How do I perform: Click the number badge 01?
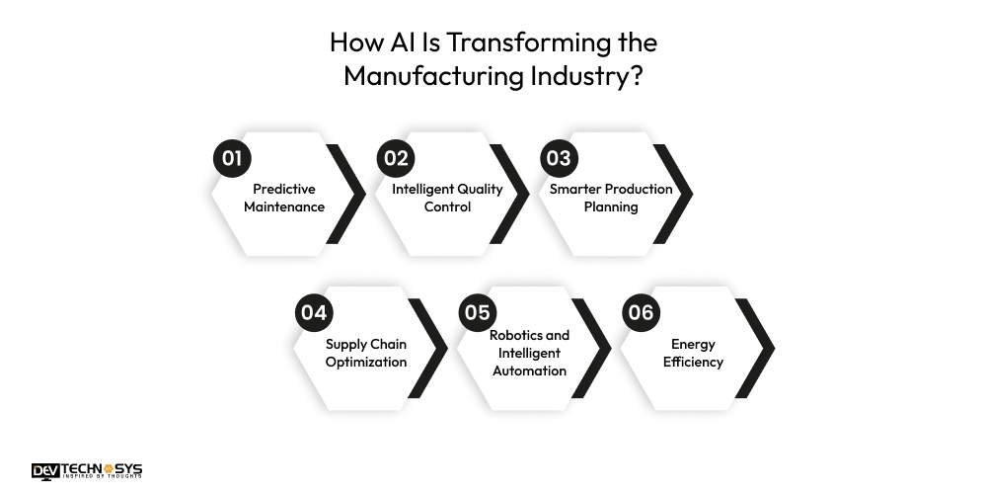(x=232, y=158)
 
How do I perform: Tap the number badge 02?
(x=396, y=158)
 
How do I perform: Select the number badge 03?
(x=559, y=158)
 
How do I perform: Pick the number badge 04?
(x=314, y=313)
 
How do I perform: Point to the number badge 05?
(x=478, y=313)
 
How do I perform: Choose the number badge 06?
(x=641, y=313)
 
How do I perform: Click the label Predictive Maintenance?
(x=284, y=198)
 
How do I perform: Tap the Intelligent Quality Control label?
(x=447, y=198)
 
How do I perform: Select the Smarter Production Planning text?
(x=611, y=198)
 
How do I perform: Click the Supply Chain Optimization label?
(x=366, y=353)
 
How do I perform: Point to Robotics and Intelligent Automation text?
(x=529, y=353)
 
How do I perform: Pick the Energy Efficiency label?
(x=693, y=353)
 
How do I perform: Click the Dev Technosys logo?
(x=87, y=471)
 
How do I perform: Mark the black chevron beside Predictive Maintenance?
(x=346, y=194)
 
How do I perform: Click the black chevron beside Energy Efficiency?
(x=755, y=348)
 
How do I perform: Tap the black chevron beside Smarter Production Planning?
(x=673, y=194)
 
